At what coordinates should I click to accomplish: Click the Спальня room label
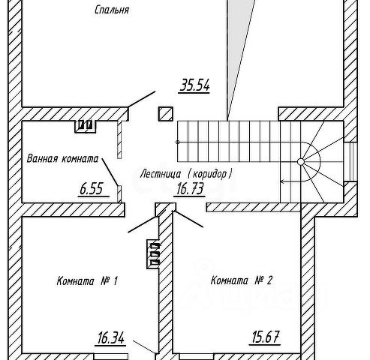(112, 10)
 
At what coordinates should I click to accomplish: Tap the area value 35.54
(194, 85)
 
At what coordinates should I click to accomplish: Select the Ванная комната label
(62, 159)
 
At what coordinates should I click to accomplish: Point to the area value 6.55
(92, 189)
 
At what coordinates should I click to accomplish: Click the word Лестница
(161, 174)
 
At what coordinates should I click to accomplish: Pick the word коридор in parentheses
(209, 174)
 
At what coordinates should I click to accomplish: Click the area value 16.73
(190, 188)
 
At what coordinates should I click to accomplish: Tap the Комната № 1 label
(87, 281)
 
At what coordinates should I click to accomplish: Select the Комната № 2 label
(241, 280)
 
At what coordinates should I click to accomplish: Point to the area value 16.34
(110, 337)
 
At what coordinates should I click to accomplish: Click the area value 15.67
(265, 337)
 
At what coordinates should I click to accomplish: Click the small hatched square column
(165, 114)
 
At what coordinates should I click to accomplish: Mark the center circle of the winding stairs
(301, 162)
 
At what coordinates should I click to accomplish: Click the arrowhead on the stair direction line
(282, 181)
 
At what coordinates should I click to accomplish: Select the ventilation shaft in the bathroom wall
(86, 126)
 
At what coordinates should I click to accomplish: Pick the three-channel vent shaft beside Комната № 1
(153, 254)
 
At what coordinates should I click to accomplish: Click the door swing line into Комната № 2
(188, 219)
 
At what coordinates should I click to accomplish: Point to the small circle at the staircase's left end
(178, 142)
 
